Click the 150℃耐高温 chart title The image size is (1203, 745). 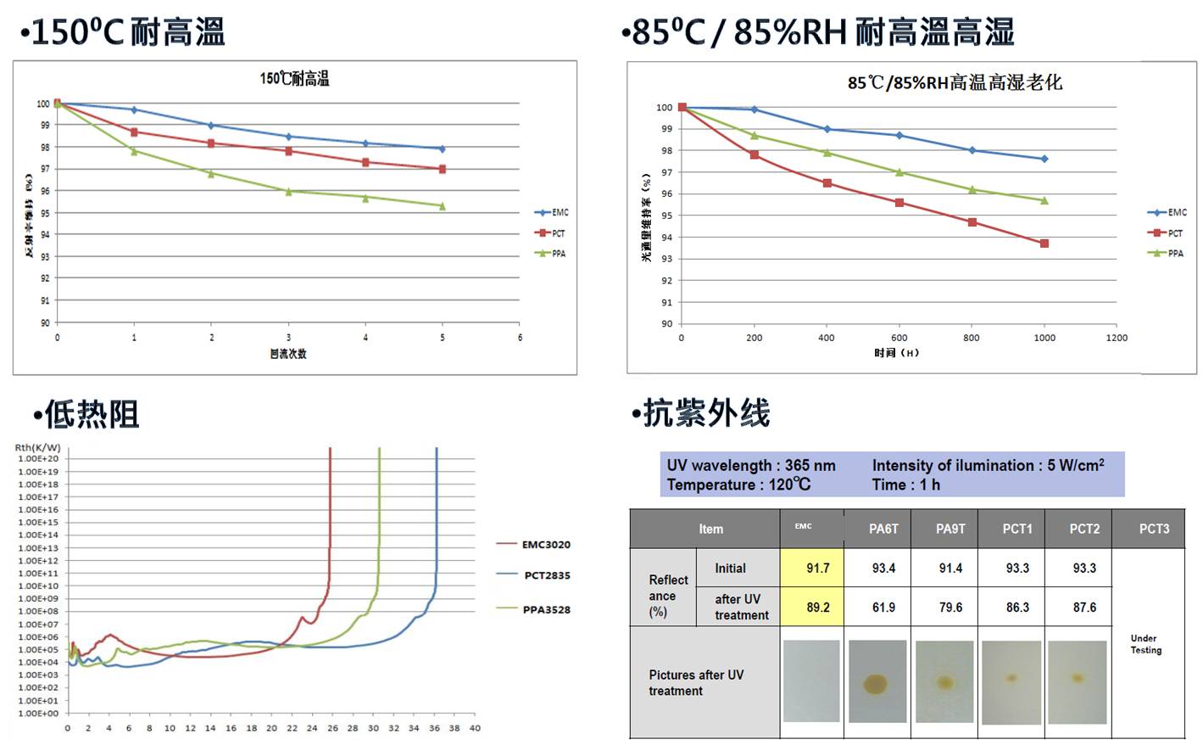294,79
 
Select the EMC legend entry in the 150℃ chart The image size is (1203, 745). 552,212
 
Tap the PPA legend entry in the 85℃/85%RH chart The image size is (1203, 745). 1167,253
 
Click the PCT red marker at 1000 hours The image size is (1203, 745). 1044,244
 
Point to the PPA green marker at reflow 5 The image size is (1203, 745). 442,205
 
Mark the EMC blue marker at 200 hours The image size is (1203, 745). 755,109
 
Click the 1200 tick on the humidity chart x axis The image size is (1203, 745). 1117,338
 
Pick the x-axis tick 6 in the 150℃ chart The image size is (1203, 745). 520,338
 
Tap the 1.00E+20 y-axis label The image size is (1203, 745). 39,459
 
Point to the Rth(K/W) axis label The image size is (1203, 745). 38,447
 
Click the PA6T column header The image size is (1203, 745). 883,529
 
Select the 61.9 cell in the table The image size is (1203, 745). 883,608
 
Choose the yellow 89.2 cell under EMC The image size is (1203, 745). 817,608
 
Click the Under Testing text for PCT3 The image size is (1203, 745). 1145,644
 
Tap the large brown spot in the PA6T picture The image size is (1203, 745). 876,683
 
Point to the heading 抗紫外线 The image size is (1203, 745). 706,413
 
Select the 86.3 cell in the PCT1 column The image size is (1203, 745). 1017,608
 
